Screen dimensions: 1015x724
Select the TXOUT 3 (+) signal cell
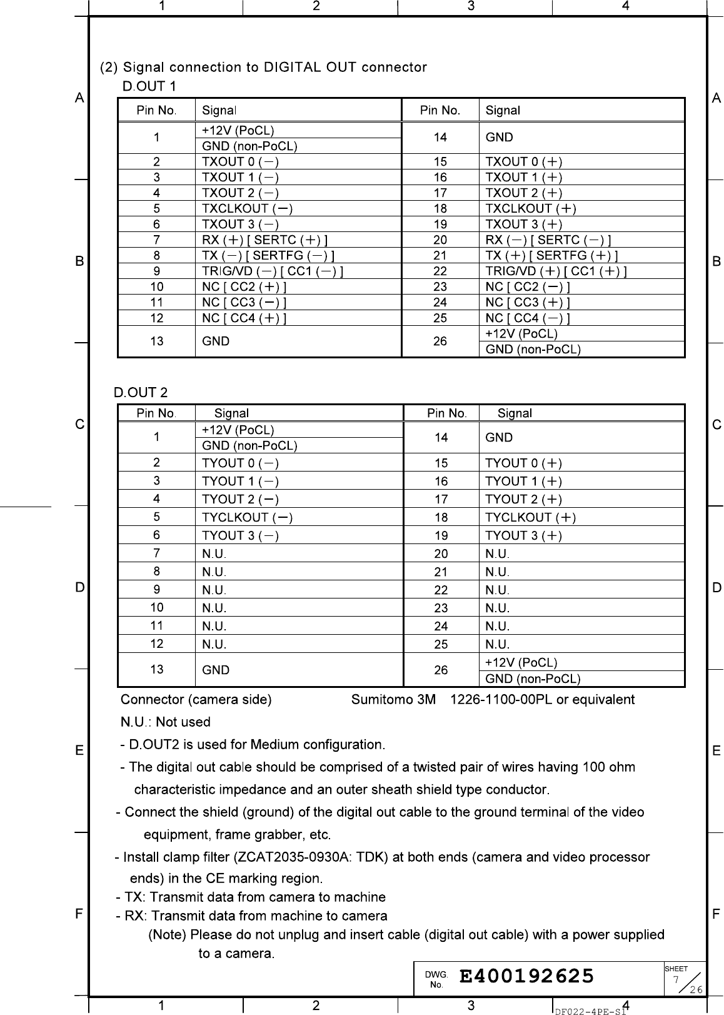[x=524, y=224]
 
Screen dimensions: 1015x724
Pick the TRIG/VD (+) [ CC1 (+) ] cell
[x=556, y=271]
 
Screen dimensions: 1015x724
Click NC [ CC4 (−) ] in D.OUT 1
[x=528, y=318]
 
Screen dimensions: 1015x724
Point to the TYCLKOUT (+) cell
[x=531, y=517]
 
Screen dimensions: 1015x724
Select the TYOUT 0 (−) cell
[x=241, y=463]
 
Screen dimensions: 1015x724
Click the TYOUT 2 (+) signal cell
[x=524, y=499]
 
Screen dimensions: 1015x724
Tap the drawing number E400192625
[x=526, y=976]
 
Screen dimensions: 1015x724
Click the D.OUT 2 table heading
[x=141, y=393]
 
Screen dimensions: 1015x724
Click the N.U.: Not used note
[x=165, y=722]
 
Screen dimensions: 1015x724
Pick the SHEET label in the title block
[x=676, y=969]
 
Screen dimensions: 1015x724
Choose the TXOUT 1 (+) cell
[x=524, y=177]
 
